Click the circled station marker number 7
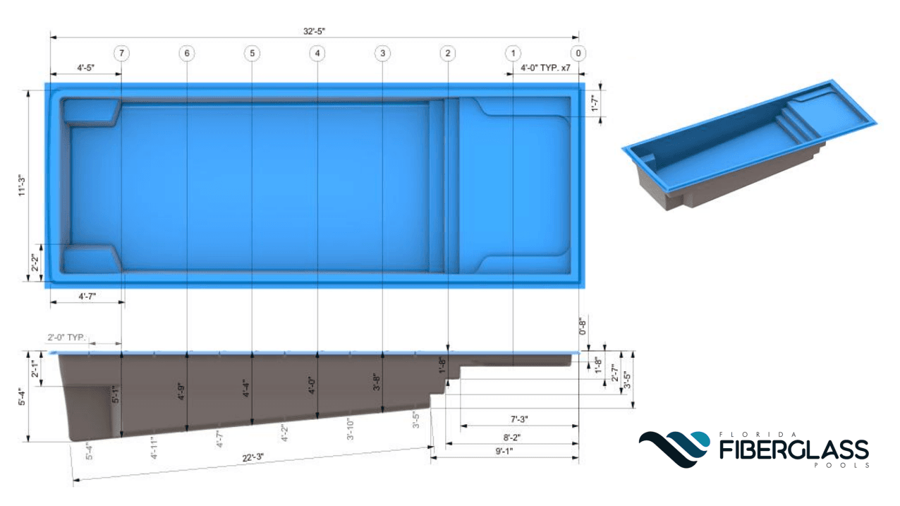122,53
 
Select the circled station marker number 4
317,53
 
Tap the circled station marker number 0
578,53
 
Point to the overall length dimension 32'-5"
314,31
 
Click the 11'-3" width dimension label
22,186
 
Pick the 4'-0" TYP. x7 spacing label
545,68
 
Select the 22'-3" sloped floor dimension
253,458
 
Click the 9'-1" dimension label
504,452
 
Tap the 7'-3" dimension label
519,419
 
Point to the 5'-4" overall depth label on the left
22,397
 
